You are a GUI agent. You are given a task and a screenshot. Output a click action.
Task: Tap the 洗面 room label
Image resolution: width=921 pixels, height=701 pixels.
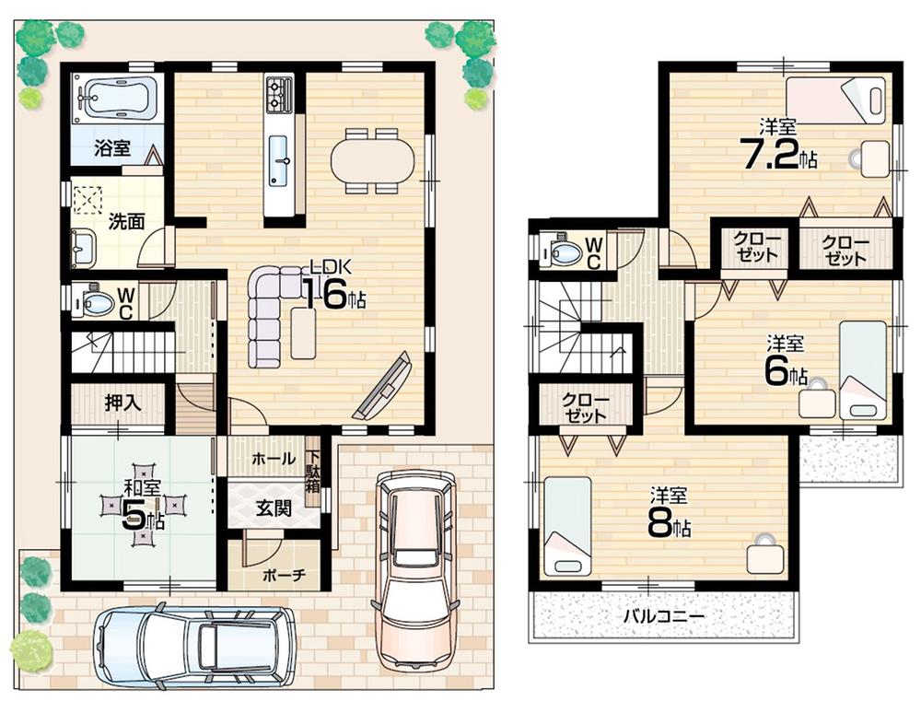(x=125, y=221)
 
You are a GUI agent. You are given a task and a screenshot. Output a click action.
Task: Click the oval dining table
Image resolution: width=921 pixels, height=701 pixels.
(x=365, y=158)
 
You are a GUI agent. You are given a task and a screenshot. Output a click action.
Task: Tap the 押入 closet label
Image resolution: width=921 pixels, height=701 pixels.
(x=121, y=403)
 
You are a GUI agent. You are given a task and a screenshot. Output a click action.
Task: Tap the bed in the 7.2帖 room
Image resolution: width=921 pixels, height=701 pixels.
(x=836, y=99)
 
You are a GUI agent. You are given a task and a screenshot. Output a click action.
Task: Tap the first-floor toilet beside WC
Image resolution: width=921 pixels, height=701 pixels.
(x=93, y=302)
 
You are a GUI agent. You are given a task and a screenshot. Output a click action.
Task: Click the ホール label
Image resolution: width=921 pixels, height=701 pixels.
(x=273, y=459)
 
